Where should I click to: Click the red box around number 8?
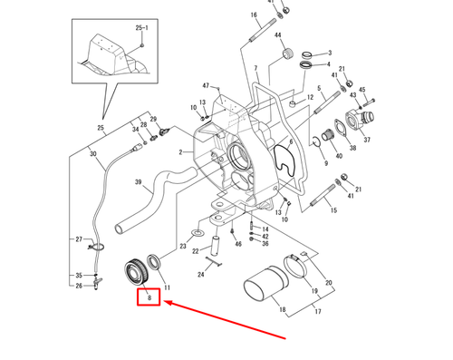(148, 297)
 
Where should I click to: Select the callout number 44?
(279, 35)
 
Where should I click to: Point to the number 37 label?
(368, 141)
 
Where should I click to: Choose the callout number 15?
(333, 210)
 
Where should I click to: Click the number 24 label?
(200, 274)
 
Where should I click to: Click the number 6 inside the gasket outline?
(288, 142)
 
